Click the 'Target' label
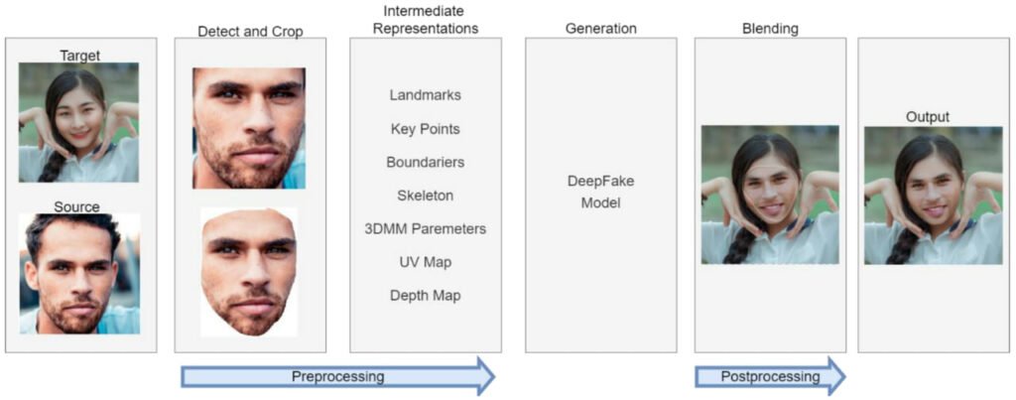pyautogui.click(x=79, y=56)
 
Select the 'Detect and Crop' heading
pyautogui.click(x=250, y=31)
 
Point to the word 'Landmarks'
pyautogui.click(x=425, y=95)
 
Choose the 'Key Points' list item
pyautogui.click(x=425, y=129)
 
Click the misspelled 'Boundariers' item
pyautogui.click(x=425, y=162)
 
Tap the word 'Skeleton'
pyautogui.click(x=425, y=196)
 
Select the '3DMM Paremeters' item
pyautogui.click(x=425, y=228)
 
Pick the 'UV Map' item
pyautogui.click(x=425, y=262)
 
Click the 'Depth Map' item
pyautogui.click(x=425, y=295)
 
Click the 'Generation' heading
pyautogui.click(x=600, y=29)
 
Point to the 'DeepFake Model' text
pyautogui.click(x=600, y=193)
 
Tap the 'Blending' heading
pyautogui.click(x=769, y=29)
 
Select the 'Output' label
pyautogui.click(x=927, y=117)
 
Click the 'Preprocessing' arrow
pyautogui.click(x=337, y=377)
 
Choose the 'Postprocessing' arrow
pyautogui.click(x=770, y=377)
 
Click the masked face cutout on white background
pyautogui.click(x=249, y=270)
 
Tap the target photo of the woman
pyautogui.click(x=79, y=123)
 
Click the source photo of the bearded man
pyautogui.click(x=79, y=274)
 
